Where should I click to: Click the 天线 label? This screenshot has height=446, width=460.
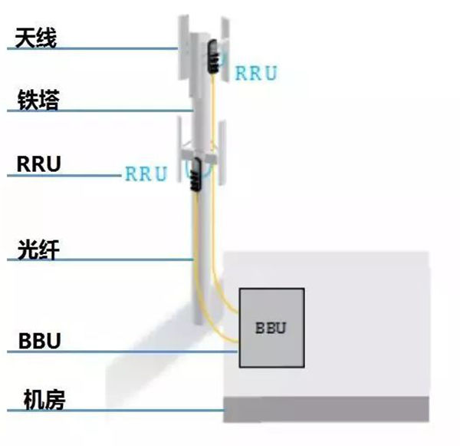point(36,35)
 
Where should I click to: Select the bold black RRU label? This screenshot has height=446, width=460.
point(38,164)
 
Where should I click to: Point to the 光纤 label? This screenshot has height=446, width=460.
point(38,249)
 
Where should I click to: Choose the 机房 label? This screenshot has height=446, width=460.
point(41,400)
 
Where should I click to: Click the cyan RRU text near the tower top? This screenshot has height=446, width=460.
point(255,74)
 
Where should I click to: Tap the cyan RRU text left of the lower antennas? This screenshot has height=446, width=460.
point(146,174)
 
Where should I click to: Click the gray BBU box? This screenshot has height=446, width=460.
point(271,327)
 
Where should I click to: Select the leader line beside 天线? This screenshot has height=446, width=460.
point(92,49)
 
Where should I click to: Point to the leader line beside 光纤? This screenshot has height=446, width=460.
point(100,261)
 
